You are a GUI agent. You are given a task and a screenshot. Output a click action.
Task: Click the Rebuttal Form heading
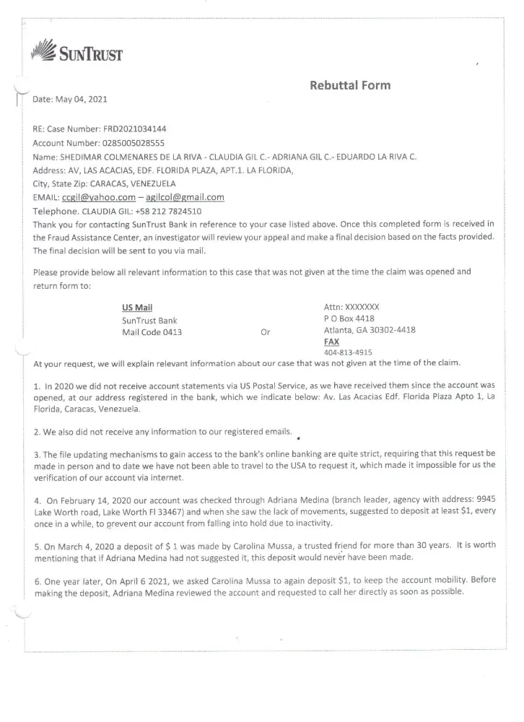[350, 85]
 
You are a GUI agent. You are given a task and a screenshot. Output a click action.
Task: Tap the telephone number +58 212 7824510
[171, 211]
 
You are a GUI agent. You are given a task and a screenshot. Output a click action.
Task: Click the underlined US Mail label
[137, 307]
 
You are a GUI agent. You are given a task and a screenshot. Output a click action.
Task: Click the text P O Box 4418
[350, 318]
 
